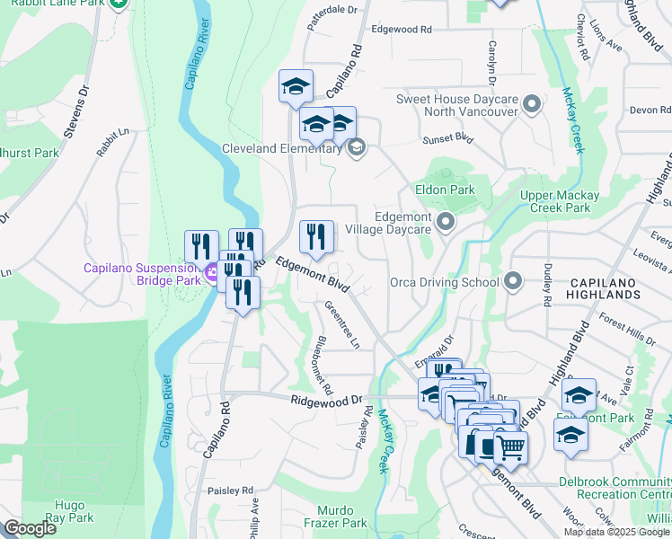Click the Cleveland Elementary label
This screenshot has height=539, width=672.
(283, 148)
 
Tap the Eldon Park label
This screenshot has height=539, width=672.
(444, 190)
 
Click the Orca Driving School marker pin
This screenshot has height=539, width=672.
(513, 282)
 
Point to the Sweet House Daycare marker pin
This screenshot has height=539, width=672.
(532, 105)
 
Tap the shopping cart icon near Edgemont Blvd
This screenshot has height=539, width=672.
(510, 446)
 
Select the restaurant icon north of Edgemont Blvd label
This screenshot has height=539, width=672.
(316, 237)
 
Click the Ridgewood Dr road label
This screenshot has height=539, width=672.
(325, 399)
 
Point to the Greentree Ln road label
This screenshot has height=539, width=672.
(342, 325)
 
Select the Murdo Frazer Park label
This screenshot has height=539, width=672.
(333, 516)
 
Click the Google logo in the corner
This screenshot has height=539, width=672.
(30, 528)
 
